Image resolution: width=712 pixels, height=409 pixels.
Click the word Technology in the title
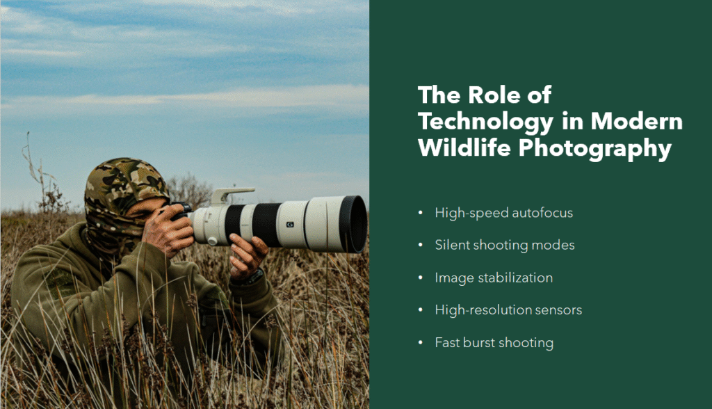coord(483,122)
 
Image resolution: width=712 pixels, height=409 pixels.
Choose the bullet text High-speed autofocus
coord(504,213)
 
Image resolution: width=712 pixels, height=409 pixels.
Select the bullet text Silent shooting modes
coord(505,245)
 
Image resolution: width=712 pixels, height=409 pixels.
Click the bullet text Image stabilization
coord(494,278)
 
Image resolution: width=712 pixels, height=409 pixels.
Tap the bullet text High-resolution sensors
coord(508,310)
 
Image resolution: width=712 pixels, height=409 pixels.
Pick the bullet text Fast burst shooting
coord(494,342)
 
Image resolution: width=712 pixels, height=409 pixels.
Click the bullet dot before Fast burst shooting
coord(421,343)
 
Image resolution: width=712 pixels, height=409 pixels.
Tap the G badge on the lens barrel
coord(290,224)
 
